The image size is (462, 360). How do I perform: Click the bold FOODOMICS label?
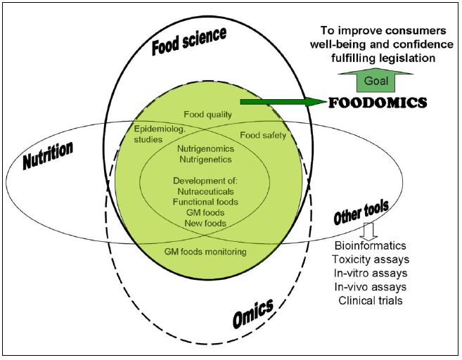[378, 103]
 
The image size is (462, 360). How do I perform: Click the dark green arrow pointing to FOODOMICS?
[282, 103]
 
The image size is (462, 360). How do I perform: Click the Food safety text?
[264, 135]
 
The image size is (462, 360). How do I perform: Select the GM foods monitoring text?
[205, 251]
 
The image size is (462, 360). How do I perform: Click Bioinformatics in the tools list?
[369, 247]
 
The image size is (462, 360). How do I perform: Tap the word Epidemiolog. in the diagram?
[158, 129]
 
